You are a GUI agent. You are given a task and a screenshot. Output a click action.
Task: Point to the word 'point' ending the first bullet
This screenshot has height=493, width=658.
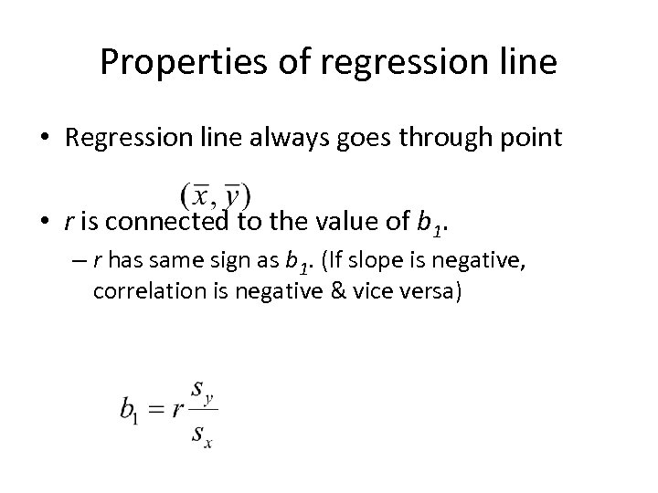click(529, 140)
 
